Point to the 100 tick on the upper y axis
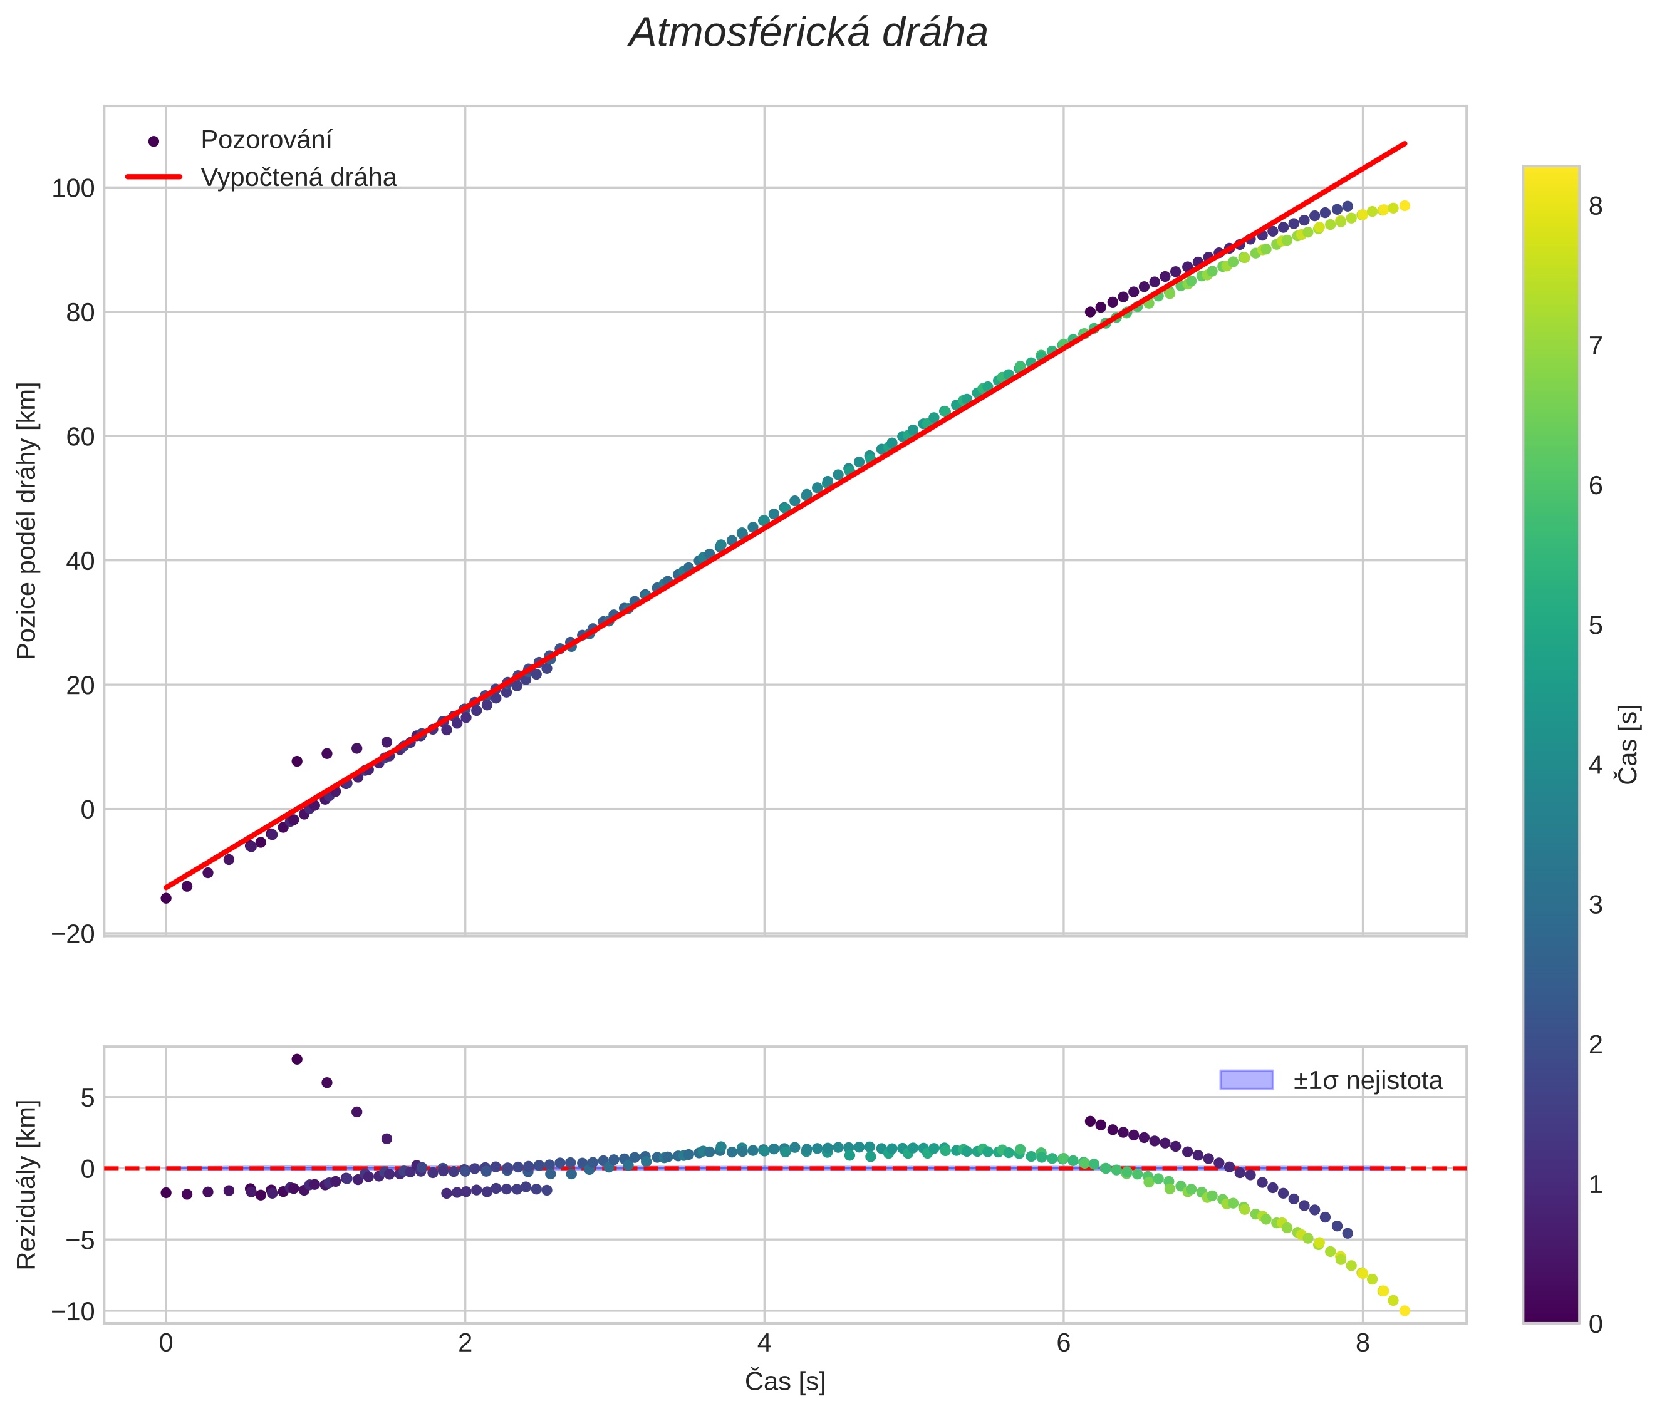coord(73,189)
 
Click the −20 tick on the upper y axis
coord(73,934)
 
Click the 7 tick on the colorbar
coord(1596,346)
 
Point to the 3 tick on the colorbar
coord(1596,905)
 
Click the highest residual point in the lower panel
coord(297,1059)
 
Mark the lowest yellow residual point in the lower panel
coord(1405,1311)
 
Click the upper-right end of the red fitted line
coord(1405,144)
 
